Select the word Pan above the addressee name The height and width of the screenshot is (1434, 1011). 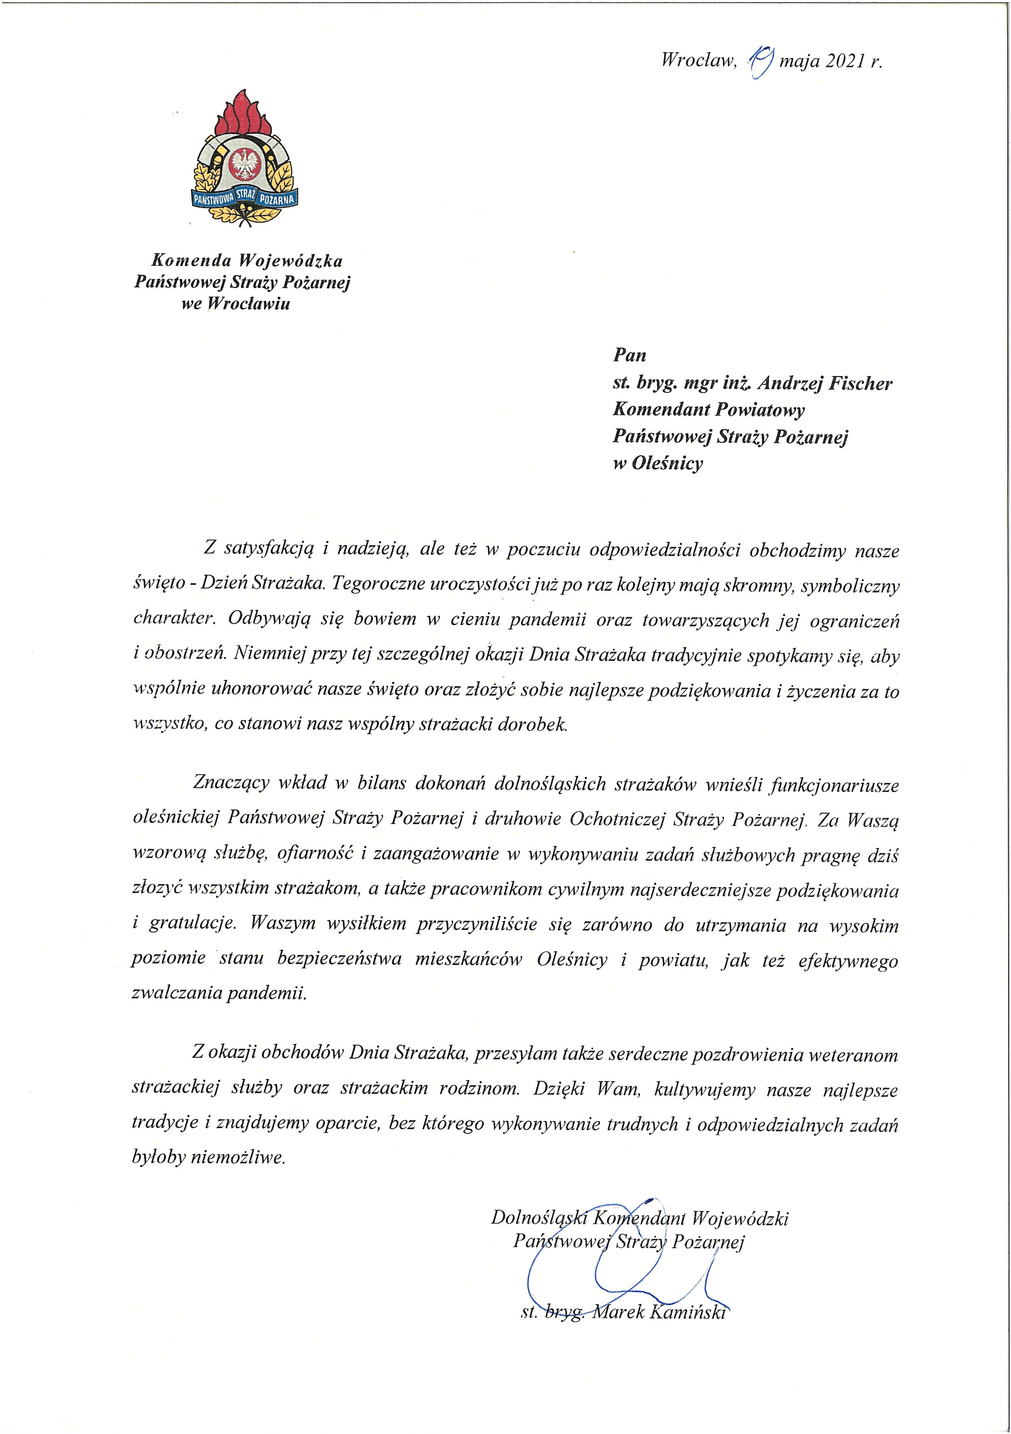tap(629, 355)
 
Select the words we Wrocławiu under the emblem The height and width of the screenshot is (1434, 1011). tap(236, 304)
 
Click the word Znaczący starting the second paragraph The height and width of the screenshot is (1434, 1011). tap(231, 783)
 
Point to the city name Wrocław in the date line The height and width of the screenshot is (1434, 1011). tap(698, 61)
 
